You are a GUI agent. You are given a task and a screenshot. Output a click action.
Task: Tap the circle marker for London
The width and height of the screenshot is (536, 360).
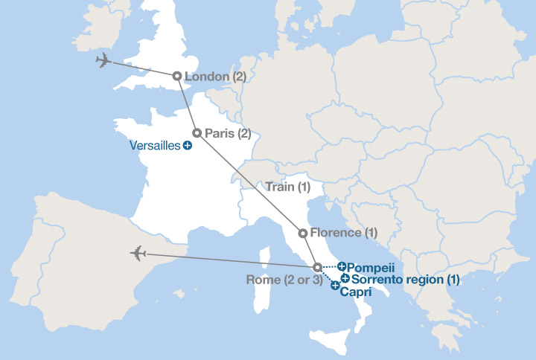(176, 76)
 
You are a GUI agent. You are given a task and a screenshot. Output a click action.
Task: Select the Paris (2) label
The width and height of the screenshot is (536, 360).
(228, 133)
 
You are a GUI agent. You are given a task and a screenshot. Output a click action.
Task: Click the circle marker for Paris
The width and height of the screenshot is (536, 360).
(197, 133)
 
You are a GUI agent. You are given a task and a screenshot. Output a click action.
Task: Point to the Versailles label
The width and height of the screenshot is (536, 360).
(154, 146)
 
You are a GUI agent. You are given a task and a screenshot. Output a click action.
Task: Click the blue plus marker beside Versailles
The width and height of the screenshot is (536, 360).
(187, 146)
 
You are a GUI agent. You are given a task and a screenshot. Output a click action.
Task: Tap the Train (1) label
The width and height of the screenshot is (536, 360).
(287, 187)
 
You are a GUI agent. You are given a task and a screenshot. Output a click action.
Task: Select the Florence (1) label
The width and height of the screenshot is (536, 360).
(344, 233)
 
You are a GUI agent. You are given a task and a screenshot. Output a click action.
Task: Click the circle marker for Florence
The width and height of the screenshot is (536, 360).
(302, 233)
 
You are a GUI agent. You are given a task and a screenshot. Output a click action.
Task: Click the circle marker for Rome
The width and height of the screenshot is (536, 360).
(316, 267)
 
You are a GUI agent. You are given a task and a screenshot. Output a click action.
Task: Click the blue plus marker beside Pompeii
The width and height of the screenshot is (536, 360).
(342, 266)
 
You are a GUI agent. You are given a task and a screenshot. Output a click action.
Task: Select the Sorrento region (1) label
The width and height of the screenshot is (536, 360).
(405, 280)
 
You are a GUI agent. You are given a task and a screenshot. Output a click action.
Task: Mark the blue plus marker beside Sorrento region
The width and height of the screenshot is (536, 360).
(345, 279)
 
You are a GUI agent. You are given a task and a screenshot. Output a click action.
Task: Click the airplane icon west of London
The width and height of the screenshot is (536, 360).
(104, 61)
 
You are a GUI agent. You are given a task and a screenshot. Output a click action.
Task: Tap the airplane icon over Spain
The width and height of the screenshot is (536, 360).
(138, 254)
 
